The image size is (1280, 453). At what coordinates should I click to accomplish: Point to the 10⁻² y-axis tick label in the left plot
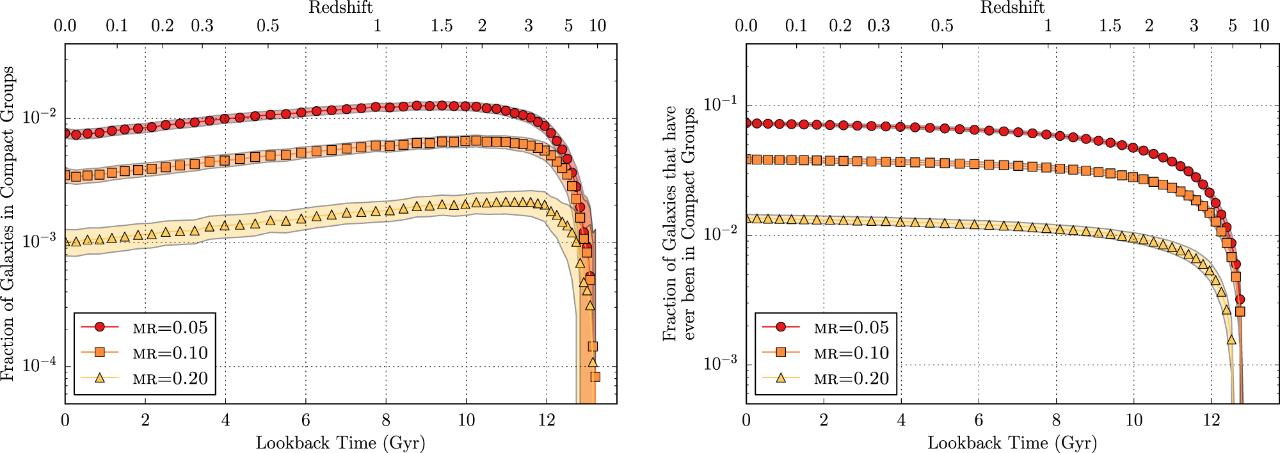[39, 117]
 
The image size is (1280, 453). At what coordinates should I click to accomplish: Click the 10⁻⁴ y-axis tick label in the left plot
[39, 365]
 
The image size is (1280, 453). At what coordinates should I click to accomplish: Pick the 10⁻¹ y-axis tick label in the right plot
[720, 104]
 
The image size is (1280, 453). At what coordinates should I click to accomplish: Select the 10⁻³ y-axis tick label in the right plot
[720, 363]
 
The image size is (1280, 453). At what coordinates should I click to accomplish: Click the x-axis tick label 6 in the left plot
[306, 420]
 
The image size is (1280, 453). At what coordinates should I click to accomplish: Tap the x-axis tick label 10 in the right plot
[1133, 420]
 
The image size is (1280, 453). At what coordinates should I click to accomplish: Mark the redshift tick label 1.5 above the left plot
[442, 26]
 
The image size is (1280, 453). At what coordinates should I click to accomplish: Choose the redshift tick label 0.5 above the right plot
[942, 26]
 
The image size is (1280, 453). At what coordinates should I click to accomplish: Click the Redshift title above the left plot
[340, 8]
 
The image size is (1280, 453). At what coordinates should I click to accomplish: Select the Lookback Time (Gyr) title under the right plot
[1012, 443]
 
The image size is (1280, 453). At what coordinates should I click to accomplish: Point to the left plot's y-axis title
[8, 224]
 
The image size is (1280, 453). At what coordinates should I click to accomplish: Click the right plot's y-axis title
[679, 224]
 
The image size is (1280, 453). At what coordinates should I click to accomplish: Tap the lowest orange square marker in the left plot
[595, 377]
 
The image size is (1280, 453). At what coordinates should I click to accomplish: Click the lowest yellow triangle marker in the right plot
[1231, 340]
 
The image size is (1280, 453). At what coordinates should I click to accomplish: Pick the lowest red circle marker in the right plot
[1240, 299]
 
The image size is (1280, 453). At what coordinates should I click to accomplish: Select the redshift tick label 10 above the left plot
[598, 26]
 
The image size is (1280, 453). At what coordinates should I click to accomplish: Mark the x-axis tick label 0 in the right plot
[746, 420]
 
